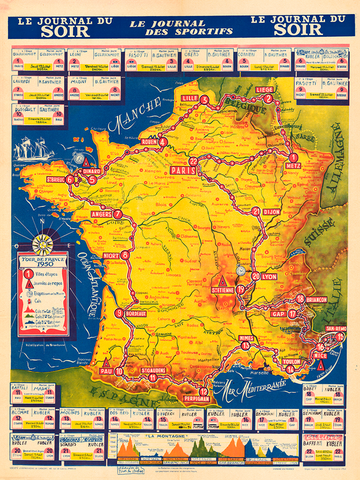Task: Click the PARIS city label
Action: (181, 170)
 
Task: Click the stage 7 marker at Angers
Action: (118, 213)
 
